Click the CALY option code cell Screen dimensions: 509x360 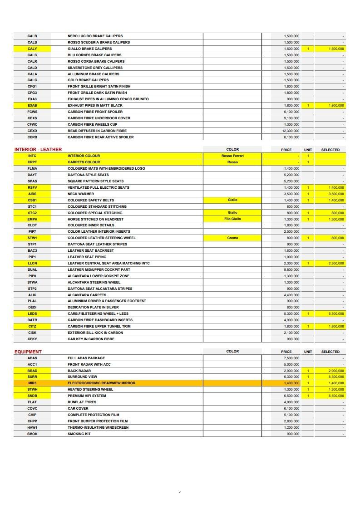(x=32, y=49)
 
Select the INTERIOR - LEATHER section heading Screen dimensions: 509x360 (x=38, y=149)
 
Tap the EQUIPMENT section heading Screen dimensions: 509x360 (x=28, y=352)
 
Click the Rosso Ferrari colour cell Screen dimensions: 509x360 (x=232, y=156)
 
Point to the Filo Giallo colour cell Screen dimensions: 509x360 (x=232, y=219)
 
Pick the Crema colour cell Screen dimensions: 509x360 (x=232, y=238)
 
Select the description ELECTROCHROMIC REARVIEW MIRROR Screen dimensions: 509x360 (x=101, y=383)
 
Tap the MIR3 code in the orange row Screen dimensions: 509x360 (x=32, y=383)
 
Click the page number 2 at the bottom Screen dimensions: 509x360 (x=180, y=492)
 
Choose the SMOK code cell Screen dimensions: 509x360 (x=32, y=434)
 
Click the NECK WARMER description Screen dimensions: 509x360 (x=81, y=194)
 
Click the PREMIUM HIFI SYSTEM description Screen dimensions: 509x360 (x=87, y=396)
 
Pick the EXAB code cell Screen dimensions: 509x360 (x=32, y=105)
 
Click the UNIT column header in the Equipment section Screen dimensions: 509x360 (x=308, y=352)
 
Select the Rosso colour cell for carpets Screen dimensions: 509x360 (x=232, y=162)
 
